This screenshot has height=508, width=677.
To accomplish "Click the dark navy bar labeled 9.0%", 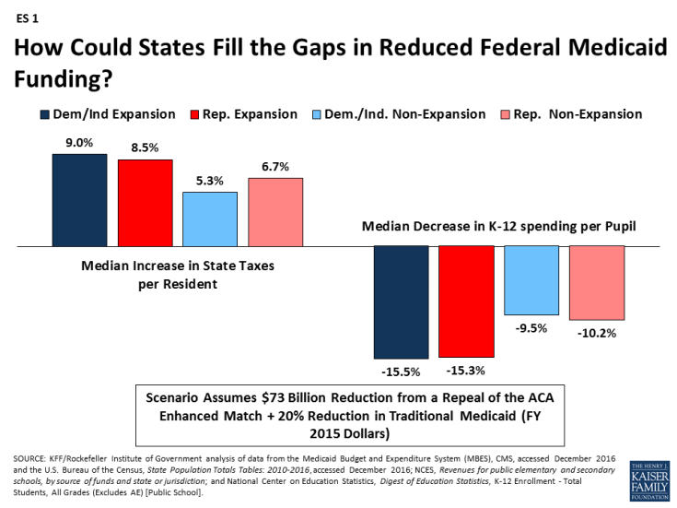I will pyautogui.click(x=79, y=200).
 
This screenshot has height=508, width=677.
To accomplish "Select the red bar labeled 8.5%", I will pyautogui.click(x=146, y=203).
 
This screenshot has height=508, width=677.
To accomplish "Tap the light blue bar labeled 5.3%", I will pyautogui.click(x=210, y=219).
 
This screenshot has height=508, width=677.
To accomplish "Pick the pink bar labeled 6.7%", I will pyautogui.click(x=275, y=212).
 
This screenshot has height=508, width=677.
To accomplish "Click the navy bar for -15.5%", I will pyautogui.click(x=401, y=302).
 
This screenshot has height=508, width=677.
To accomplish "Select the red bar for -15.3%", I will pyautogui.click(x=466, y=301).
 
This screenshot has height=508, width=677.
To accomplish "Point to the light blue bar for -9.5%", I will pyautogui.click(x=531, y=279).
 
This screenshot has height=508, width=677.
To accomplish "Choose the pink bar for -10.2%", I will pyautogui.click(x=597, y=282).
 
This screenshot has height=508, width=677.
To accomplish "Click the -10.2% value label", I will pyautogui.click(x=597, y=332).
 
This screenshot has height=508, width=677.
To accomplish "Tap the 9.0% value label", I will pyautogui.click(x=79, y=143).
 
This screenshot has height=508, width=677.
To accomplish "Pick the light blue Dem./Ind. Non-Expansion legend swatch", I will pyautogui.click(x=316, y=114).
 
